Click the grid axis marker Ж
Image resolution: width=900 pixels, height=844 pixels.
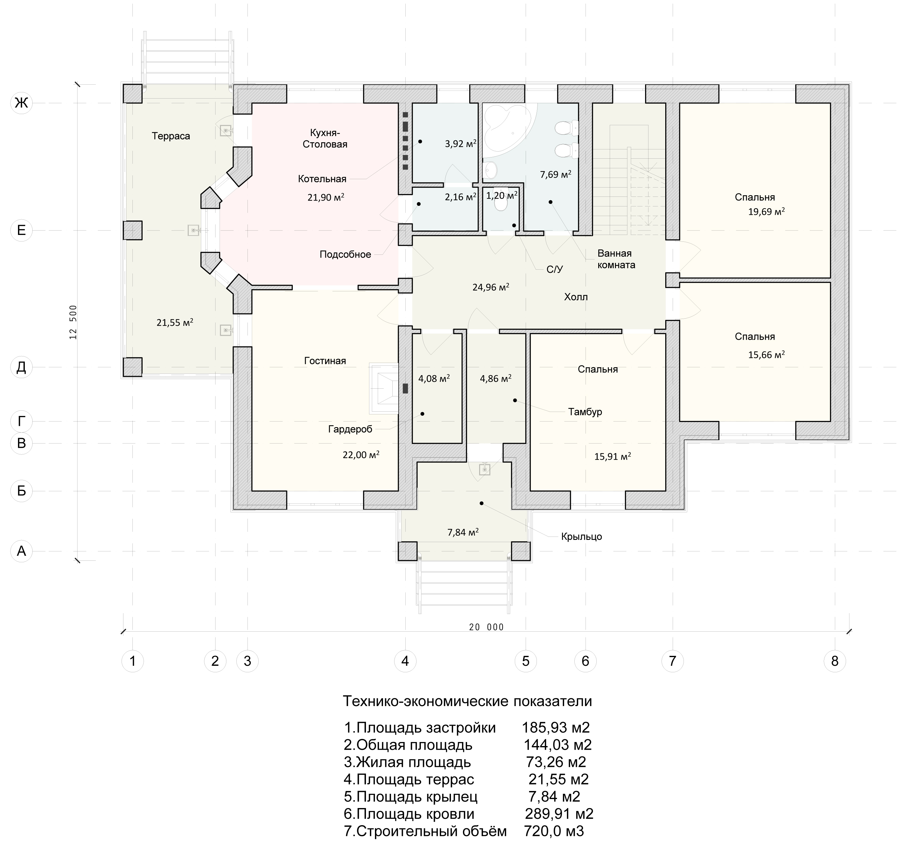tap(21, 103)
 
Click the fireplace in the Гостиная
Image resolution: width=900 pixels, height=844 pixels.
tap(384, 388)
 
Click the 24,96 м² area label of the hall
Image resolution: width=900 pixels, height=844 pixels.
tap(491, 287)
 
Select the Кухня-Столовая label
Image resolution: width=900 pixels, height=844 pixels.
tap(325, 139)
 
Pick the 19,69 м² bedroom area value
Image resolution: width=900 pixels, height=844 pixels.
tap(766, 211)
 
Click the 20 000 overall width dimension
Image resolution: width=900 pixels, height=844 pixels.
tap(486, 627)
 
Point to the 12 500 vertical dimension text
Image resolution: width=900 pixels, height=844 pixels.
tap(73, 322)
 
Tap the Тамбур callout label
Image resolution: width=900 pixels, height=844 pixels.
tap(585, 412)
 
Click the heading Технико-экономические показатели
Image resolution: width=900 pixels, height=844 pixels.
tap(467, 701)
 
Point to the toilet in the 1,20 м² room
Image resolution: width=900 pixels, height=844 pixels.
tap(501, 203)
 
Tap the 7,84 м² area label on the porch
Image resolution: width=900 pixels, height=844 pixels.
tap(463, 532)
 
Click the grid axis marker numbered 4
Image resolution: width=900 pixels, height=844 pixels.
tap(405, 661)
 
